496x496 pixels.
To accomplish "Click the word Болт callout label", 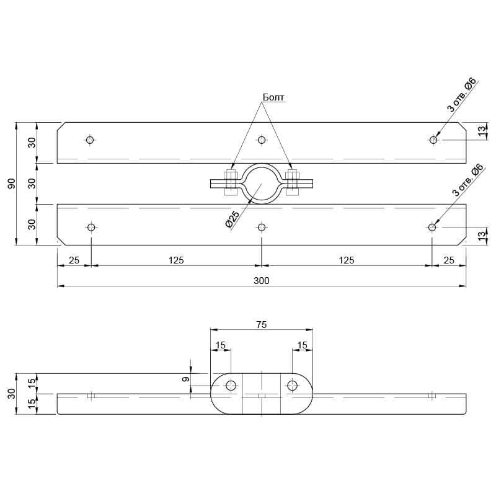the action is tap(273, 97).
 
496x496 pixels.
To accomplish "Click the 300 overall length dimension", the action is tap(261, 281).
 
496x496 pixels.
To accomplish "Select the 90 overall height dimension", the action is tap(11, 184).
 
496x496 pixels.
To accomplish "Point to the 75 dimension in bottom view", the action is tap(262, 324).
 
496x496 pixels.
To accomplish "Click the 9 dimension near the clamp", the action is tap(186, 379).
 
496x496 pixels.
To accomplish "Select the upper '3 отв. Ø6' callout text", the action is tap(462, 95).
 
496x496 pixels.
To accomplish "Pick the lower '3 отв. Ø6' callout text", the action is tap(468, 180).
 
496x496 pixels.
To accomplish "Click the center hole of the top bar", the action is tap(261, 140).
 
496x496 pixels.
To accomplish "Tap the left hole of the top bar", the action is tap(90, 140).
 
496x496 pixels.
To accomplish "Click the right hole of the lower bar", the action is tap(432, 227).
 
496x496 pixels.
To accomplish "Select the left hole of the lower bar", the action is tap(91, 227).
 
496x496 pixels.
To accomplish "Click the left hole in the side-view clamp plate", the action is tap(231, 385).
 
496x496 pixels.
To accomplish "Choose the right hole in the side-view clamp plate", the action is tap(292, 385).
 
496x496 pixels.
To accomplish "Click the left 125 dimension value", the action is tap(176, 260).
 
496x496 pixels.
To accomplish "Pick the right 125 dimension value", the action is tap(347, 260).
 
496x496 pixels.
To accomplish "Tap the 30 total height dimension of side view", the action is tap(11, 394).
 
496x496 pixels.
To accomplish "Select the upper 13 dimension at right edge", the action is tap(481, 131).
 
